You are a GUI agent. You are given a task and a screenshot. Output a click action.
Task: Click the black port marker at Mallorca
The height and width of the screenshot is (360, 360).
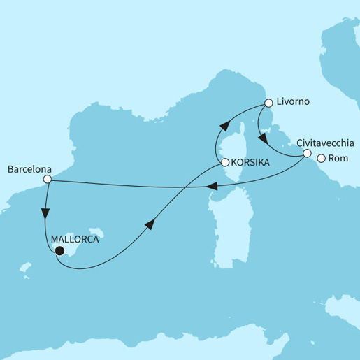(59, 251)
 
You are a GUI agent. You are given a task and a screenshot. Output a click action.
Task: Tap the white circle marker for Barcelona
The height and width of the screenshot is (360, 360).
(47, 180)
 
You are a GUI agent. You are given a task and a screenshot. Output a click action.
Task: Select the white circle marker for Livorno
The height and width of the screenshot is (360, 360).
(268, 104)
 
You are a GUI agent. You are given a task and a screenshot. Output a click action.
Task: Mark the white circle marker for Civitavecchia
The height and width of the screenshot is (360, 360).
(307, 153)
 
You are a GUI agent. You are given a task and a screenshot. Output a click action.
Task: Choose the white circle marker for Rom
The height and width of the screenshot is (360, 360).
(322, 159)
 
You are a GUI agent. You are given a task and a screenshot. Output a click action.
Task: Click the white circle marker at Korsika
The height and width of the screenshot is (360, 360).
(224, 163)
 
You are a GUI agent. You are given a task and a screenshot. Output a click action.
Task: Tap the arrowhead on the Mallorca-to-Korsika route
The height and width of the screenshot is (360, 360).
(150, 223)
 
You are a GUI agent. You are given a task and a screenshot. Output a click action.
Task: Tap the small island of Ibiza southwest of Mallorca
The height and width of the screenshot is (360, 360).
(27, 267)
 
